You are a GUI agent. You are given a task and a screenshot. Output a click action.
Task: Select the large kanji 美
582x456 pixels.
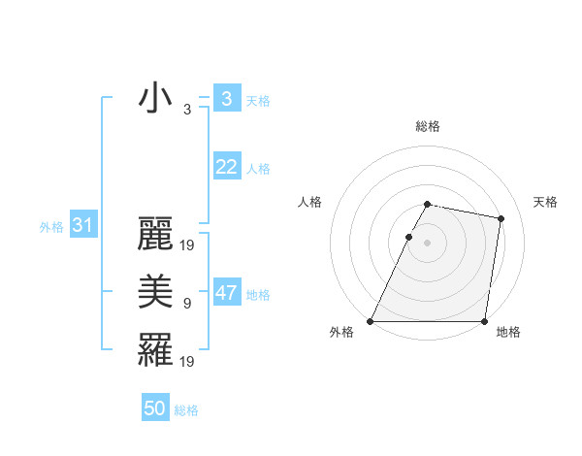click(x=155, y=292)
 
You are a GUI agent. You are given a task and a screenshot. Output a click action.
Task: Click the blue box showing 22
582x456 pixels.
click(x=226, y=167)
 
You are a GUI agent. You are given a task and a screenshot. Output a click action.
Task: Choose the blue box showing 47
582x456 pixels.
click(x=226, y=293)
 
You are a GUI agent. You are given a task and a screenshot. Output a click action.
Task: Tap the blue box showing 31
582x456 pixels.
click(x=82, y=226)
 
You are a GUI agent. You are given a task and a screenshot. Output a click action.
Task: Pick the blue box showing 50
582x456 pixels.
click(x=155, y=408)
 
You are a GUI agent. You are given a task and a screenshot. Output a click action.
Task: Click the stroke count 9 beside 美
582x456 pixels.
click(x=187, y=304)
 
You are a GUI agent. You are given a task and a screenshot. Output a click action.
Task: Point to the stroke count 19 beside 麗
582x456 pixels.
click(x=188, y=245)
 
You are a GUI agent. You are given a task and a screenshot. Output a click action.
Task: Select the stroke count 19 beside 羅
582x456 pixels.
click(x=188, y=361)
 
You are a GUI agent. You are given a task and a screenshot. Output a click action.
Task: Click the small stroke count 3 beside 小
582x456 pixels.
click(x=187, y=110)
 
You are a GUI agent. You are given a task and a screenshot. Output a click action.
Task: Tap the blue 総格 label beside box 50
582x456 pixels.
click(x=186, y=410)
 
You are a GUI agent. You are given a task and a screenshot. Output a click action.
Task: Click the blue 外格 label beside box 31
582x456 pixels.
click(x=51, y=227)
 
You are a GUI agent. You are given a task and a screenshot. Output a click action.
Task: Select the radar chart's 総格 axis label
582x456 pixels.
click(x=428, y=126)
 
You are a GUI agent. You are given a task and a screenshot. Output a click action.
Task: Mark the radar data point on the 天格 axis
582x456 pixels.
click(x=501, y=219)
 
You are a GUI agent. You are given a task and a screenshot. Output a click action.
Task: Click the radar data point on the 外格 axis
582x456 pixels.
click(x=371, y=321)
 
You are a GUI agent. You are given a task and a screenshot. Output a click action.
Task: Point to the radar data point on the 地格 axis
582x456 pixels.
click(x=484, y=321)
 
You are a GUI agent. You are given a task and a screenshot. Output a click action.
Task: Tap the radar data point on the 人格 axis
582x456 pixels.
click(x=408, y=237)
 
